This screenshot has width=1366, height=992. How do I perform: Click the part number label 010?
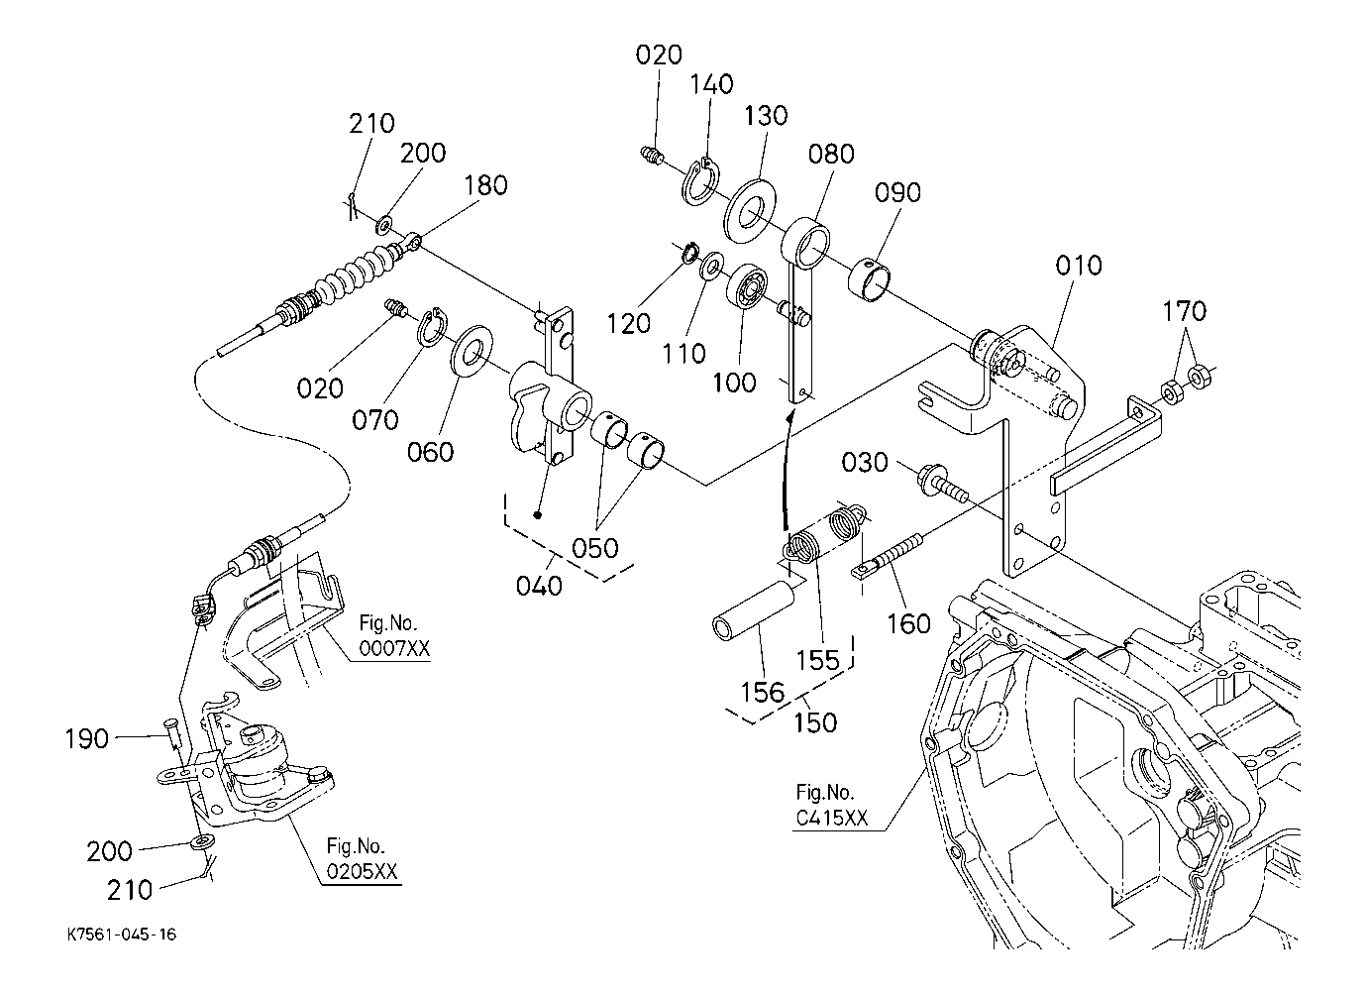[x=1078, y=266]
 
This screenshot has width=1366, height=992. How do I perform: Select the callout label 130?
[x=767, y=116]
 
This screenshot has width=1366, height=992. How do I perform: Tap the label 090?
[x=896, y=192]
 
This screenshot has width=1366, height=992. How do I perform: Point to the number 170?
[x=1184, y=311]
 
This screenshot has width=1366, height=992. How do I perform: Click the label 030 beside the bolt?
[x=867, y=463]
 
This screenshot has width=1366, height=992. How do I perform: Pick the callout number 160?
[x=908, y=623]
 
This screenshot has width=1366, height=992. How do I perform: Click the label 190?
[x=87, y=738]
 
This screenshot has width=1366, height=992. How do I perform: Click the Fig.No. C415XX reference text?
[x=831, y=806]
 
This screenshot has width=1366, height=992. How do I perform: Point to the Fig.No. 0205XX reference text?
[x=362, y=859]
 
